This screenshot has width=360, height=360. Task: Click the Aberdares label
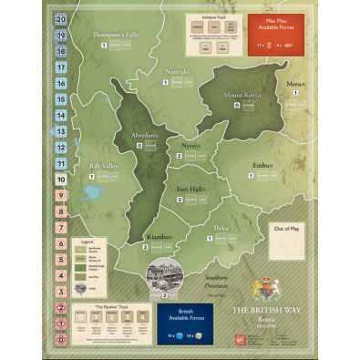143,134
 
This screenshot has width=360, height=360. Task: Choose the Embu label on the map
263,166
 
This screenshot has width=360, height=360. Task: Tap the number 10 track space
60,179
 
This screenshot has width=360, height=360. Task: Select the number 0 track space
60,339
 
